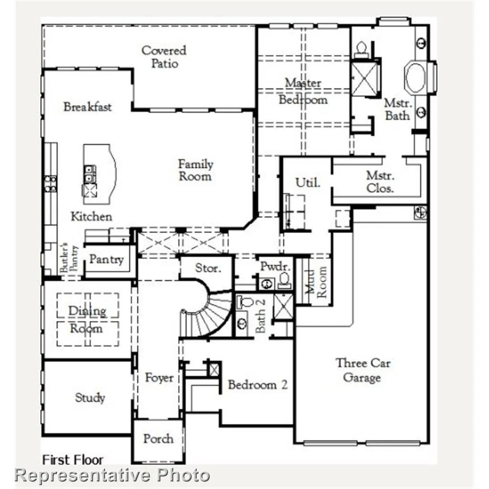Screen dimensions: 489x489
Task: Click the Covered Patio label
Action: tap(164, 57)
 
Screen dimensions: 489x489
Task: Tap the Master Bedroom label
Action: tap(303, 91)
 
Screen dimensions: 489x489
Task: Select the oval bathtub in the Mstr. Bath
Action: tap(416, 78)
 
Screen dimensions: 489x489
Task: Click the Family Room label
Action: tap(195, 170)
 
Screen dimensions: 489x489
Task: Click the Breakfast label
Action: tap(87, 106)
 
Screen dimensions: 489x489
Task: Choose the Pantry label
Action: tap(106, 260)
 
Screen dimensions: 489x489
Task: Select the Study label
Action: tap(90, 397)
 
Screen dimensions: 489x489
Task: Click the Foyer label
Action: tap(159, 378)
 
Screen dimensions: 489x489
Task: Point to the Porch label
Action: tap(158, 438)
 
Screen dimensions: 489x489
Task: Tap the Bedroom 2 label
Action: tap(257, 384)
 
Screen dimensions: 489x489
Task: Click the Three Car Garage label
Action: tap(362, 370)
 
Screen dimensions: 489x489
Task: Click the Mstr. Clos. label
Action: tap(380, 181)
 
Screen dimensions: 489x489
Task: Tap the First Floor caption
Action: tap(73, 460)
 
